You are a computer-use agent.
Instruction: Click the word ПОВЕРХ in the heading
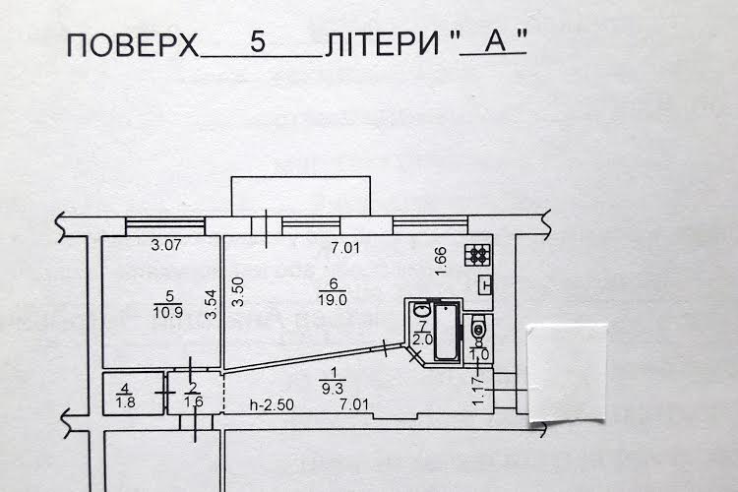coord(133,45)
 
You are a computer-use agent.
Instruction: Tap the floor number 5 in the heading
coord(258,41)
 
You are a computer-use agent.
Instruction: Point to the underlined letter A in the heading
coord(495,41)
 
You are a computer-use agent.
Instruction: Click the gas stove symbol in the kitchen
coord(477,255)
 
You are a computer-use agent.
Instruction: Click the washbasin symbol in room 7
coord(421,311)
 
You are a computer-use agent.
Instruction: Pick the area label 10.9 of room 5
coord(168,312)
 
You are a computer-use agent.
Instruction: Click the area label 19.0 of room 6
coord(333,299)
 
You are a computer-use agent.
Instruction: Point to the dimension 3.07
coord(166,245)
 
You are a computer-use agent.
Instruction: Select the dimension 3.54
coord(212,304)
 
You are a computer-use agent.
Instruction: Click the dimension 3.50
coord(239,292)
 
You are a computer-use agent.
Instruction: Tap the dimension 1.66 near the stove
coord(440,262)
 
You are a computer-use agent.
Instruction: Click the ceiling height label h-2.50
coord(272,404)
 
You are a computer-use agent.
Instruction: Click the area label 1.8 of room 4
coord(125,402)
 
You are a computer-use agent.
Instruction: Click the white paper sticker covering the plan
coord(566,372)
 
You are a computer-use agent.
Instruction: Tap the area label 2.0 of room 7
coord(423,339)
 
